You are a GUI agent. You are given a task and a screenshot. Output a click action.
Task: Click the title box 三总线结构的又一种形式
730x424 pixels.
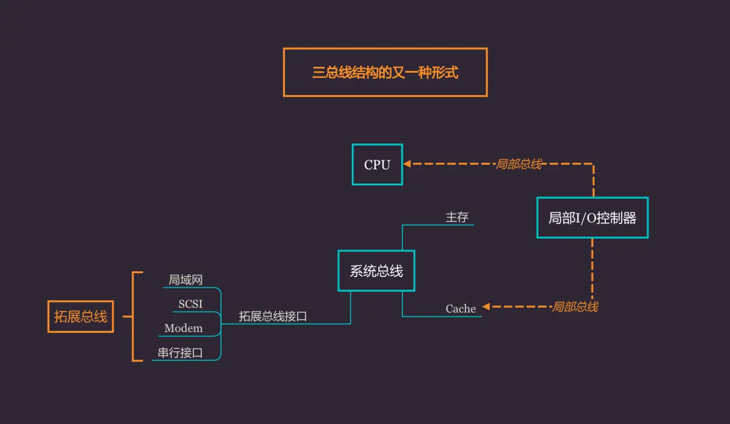tap(385, 73)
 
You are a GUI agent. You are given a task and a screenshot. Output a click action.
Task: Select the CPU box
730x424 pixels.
tap(377, 165)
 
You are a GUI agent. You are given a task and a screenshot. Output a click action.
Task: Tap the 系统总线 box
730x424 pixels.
tap(376, 271)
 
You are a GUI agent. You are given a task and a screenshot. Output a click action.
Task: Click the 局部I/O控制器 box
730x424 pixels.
tap(592, 218)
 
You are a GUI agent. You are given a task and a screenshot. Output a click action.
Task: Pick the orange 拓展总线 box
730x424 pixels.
tap(80, 317)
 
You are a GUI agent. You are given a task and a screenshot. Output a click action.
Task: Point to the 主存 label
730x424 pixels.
tap(457, 217)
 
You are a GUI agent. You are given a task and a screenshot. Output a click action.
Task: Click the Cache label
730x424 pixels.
tap(460, 309)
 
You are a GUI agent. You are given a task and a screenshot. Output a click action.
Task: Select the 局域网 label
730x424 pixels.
tap(185, 280)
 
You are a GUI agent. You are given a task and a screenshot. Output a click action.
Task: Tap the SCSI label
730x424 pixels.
tap(190, 304)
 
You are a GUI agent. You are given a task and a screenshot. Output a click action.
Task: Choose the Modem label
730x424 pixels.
tap(183, 328)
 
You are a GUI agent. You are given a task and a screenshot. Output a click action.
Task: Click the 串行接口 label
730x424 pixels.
tap(180, 352)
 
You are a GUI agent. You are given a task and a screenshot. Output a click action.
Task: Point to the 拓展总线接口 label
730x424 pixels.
tap(273, 316)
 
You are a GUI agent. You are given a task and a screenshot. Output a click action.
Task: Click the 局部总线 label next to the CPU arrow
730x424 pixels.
tap(519, 164)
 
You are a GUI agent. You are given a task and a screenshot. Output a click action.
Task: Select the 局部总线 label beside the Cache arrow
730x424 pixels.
tap(575, 307)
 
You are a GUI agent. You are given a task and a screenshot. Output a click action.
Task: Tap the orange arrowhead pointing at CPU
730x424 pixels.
tap(407, 164)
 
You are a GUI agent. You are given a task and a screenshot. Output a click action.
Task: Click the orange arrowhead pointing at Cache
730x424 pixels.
tap(486, 307)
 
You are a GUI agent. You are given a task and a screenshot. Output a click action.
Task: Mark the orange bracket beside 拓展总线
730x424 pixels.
tap(133, 316)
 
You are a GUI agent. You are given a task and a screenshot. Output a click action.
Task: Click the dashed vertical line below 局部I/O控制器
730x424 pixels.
tap(592, 268)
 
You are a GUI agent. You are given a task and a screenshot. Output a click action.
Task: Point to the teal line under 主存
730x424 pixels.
tap(438, 225)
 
